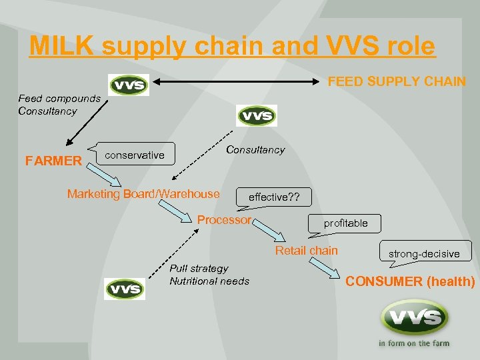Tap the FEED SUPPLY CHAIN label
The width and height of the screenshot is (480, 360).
(x=397, y=81)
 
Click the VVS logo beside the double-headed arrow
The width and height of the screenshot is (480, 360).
(x=129, y=85)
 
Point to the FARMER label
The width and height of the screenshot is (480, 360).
(x=53, y=161)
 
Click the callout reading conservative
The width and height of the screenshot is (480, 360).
(x=135, y=155)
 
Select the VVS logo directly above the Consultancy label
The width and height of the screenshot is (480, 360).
(x=257, y=115)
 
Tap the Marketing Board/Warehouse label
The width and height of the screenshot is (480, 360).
(x=143, y=194)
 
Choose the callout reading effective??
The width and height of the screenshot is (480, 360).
(x=274, y=197)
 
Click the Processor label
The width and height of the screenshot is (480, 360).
(x=224, y=220)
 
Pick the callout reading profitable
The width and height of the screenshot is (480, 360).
(x=345, y=223)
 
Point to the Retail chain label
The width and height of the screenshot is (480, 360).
(x=307, y=251)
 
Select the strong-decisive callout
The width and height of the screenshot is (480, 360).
(x=425, y=253)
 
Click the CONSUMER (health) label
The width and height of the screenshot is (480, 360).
(x=410, y=281)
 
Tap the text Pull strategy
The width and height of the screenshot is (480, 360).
(x=199, y=268)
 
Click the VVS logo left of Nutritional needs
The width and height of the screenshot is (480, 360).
(x=125, y=289)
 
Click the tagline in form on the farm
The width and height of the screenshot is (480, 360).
(x=413, y=343)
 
